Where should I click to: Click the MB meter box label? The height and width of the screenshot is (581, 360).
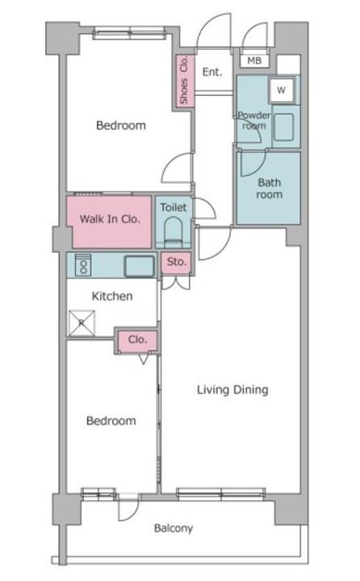[254, 61]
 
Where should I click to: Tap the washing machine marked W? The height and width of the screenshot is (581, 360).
[282, 90]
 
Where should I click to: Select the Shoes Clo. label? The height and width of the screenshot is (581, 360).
[184, 80]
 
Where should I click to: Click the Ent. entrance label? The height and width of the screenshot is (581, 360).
[212, 72]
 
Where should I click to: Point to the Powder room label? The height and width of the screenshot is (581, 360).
[254, 120]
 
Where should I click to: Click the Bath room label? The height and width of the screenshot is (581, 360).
[270, 188]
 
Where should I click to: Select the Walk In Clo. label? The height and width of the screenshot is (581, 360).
[110, 219]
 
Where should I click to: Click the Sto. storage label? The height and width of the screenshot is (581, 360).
[177, 261]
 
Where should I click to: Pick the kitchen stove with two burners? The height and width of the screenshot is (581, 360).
[83, 265]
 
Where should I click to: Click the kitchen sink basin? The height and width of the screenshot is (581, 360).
[140, 266]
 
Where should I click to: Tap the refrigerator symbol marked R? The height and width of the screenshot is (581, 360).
[82, 323]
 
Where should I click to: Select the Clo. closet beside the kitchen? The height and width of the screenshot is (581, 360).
[137, 340]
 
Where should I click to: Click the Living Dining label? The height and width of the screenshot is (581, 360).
[232, 390]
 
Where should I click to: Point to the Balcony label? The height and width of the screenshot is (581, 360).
[174, 528]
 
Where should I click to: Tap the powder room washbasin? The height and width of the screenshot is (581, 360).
[284, 127]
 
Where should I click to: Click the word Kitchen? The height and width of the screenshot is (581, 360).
[112, 296]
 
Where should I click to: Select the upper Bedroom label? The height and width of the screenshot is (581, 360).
[121, 125]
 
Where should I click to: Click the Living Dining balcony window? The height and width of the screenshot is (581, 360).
[221, 494]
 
